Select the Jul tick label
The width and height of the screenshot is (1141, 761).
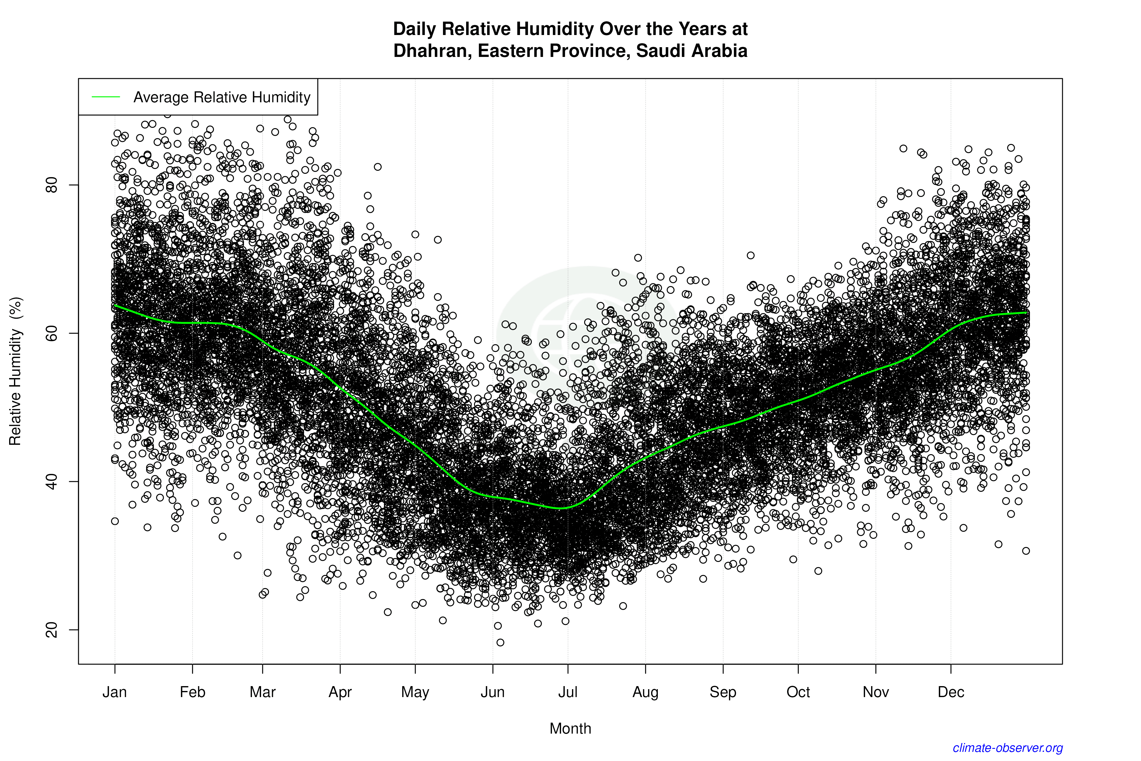567,692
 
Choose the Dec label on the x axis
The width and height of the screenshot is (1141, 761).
951,692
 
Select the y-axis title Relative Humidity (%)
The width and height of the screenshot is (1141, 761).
16,371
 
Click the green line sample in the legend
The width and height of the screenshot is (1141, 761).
106,97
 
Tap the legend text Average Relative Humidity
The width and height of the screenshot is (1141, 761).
222,97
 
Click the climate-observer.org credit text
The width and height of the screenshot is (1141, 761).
1008,748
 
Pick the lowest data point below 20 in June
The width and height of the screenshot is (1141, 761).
500,643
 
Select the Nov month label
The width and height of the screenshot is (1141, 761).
876,692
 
